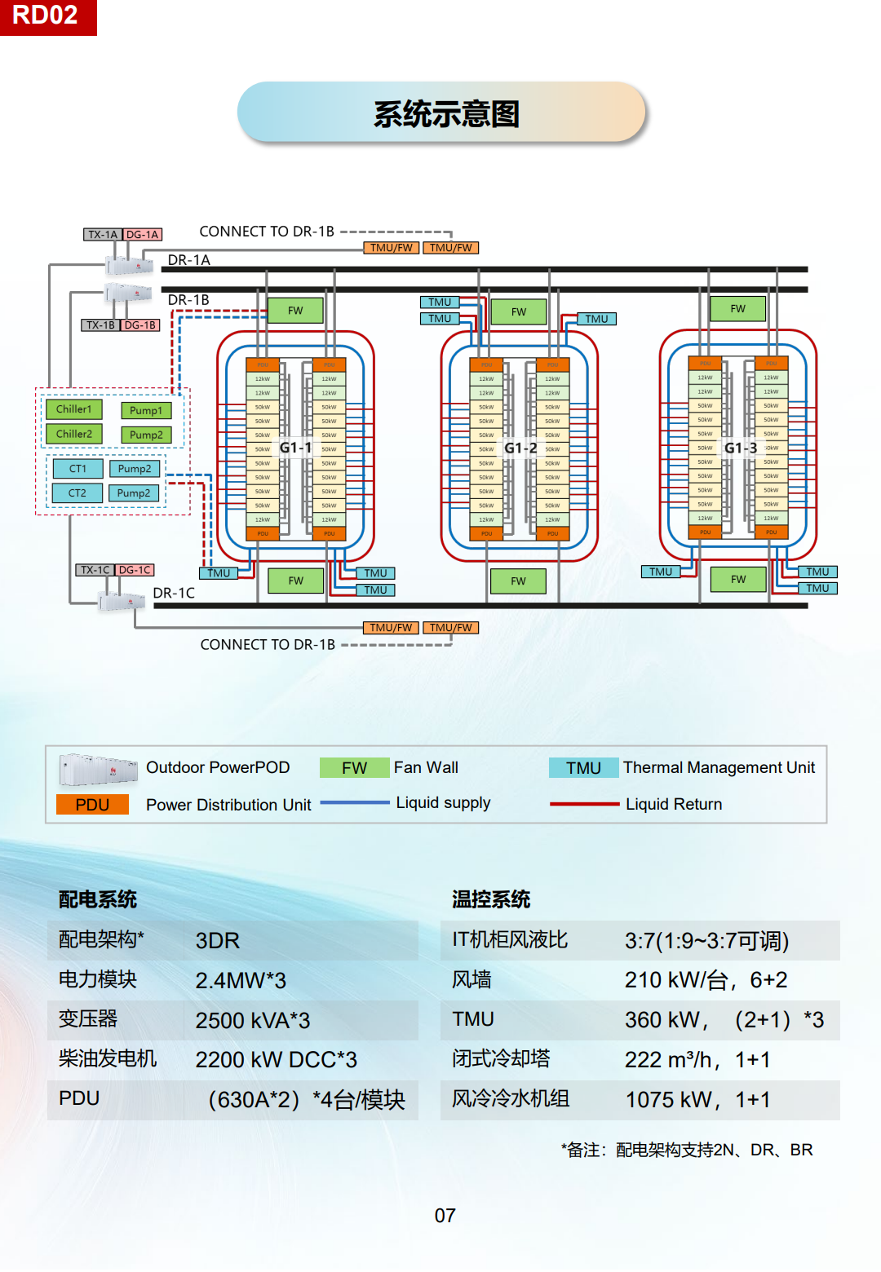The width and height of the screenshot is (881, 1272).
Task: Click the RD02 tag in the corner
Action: (x=46, y=16)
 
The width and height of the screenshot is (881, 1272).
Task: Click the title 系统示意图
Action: (x=445, y=114)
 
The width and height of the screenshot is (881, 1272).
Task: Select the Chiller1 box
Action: (x=74, y=409)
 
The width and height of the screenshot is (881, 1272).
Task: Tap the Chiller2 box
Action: (x=74, y=434)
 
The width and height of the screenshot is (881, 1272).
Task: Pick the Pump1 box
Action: (x=146, y=411)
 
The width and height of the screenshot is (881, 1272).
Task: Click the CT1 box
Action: (x=77, y=469)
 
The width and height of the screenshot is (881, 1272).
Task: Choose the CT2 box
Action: (x=77, y=493)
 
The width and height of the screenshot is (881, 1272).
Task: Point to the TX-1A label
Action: (x=103, y=235)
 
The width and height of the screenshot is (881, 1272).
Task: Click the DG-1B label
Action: (x=140, y=325)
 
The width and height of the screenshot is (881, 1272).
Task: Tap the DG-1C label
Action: (x=135, y=570)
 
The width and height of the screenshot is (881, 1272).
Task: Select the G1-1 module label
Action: (x=295, y=448)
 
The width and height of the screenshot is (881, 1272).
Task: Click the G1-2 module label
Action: (x=520, y=448)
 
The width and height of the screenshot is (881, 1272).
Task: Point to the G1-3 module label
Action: (x=741, y=448)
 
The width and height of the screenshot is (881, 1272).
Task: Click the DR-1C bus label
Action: (x=174, y=593)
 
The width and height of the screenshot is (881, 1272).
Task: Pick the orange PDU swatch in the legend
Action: (x=92, y=805)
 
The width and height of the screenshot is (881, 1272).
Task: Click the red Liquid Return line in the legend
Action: (x=584, y=804)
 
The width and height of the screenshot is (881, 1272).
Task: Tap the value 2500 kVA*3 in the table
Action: (x=253, y=1021)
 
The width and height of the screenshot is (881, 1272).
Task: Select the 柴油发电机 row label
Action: (x=108, y=1059)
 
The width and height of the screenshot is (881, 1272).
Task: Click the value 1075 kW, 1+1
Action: (x=697, y=1100)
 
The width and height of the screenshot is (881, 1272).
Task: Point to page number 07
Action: (x=445, y=1216)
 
